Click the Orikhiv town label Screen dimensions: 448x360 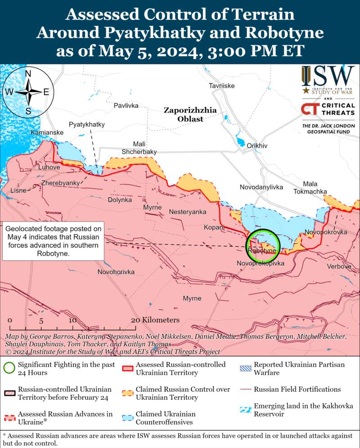[x=257, y=146]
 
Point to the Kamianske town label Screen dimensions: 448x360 [x=47, y=133]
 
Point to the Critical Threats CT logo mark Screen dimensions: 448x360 [x=310, y=109]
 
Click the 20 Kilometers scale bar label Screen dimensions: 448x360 [x=155, y=320]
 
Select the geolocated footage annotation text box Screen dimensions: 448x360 [x=54, y=241]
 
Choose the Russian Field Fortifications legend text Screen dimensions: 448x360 [x=297, y=389]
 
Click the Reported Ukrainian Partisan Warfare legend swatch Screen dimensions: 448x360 [x=246, y=365]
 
